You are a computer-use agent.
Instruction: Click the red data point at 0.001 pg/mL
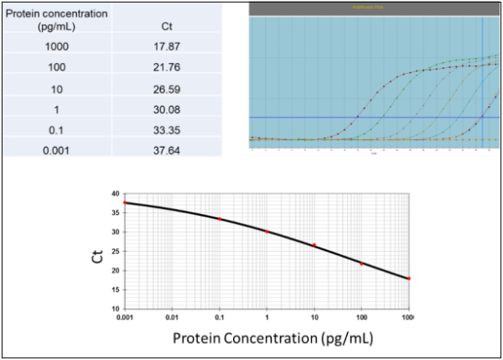[x=125, y=203]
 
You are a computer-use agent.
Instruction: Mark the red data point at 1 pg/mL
[x=267, y=232]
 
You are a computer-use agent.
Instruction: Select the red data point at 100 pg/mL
[x=361, y=263]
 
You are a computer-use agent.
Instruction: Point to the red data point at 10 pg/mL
[x=314, y=245]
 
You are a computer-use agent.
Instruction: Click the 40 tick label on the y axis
[x=115, y=194]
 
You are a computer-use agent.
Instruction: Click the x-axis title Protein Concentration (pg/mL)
[x=273, y=338]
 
